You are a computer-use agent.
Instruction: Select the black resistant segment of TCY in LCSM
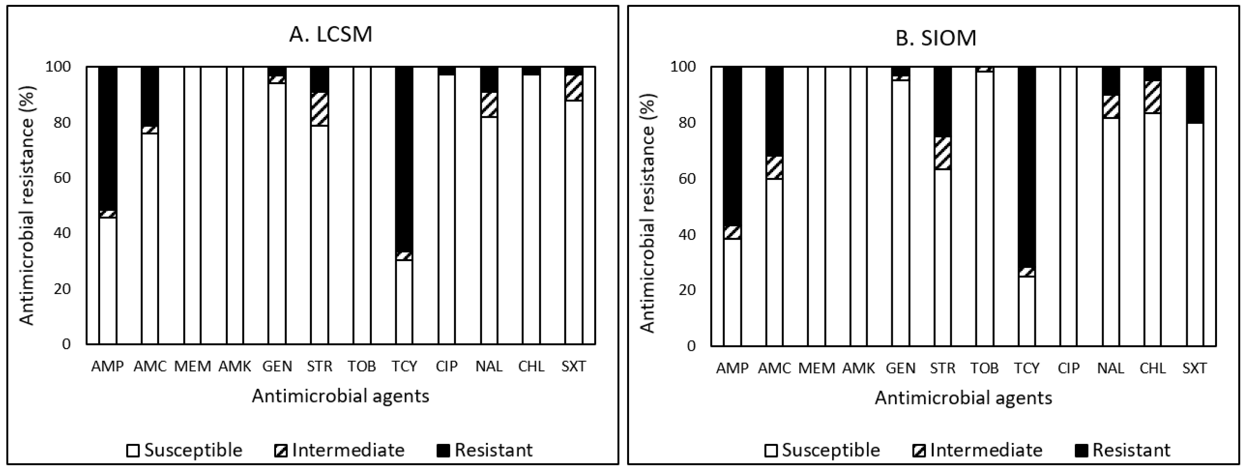click(404, 160)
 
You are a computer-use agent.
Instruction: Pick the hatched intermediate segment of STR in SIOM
click(943, 153)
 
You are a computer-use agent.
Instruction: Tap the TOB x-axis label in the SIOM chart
click(984, 368)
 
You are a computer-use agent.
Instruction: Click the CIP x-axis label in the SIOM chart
click(1068, 368)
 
